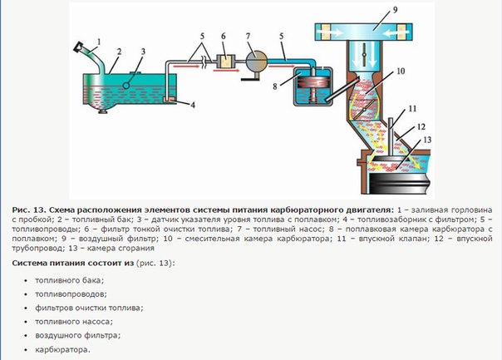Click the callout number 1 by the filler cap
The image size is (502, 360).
coord(98,40)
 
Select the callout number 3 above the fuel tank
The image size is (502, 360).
coord(143,52)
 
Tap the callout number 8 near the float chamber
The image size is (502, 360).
coord(277,84)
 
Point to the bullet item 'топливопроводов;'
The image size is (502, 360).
coord(71,293)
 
